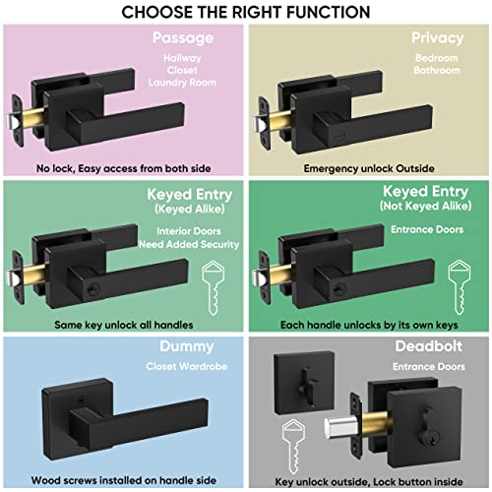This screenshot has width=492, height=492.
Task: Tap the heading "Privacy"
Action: pos(437,38)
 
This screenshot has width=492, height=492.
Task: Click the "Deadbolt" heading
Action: pos(430,345)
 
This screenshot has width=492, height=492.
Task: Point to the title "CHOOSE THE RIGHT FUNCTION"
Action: pos(246,12)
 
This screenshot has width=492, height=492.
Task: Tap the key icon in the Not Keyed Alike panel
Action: pos(458,281)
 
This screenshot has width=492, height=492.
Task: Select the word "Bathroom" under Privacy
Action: pos(437,72)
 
